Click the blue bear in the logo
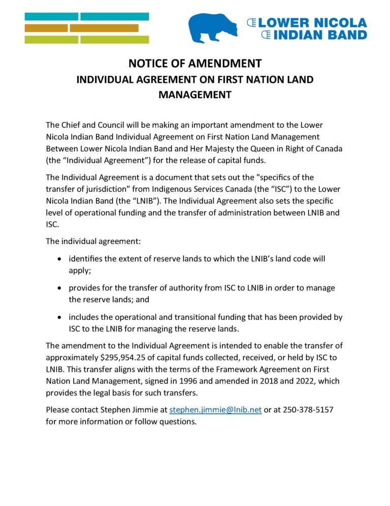pyautogui.click(x=214, y=28)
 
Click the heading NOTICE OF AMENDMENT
pyautogui.click(x=195, y=63)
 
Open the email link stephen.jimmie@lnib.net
pyautogui.click(x=215, y=410)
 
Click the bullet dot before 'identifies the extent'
pyautogui.click(x=60, y=259)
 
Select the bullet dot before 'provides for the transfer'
pyautogui.click(x=60, y=288)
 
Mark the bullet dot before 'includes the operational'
pyautogui.click(x=60, y=317)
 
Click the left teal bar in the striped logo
pyautogui.click(x=51, y=16)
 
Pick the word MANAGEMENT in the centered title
pyautogui.click(x=195, y=95)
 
